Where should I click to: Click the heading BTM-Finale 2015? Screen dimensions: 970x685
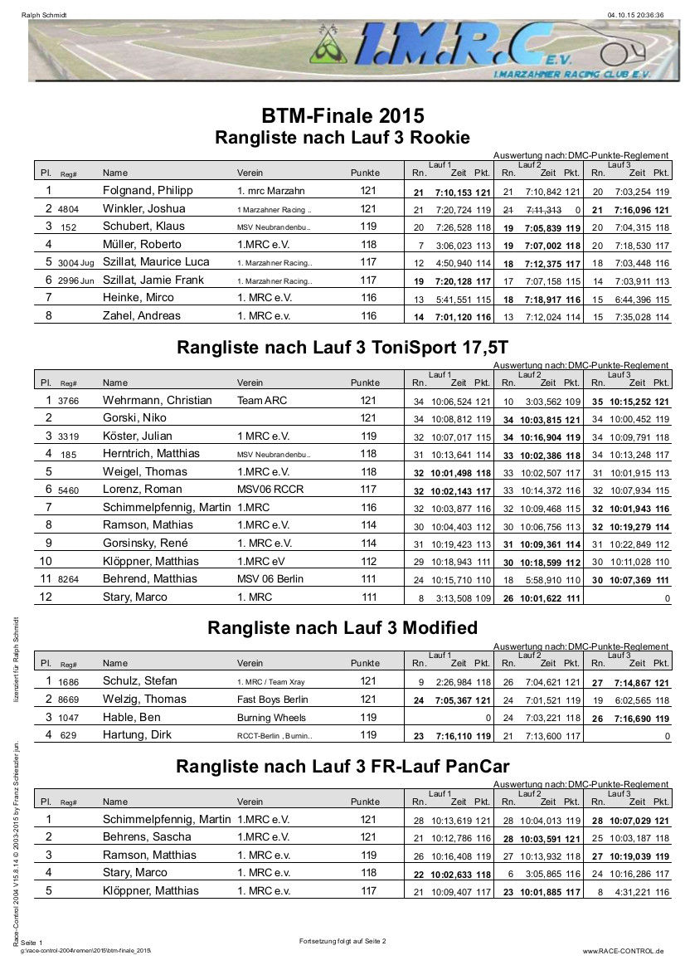342,115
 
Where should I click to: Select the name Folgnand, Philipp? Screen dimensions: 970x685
148,191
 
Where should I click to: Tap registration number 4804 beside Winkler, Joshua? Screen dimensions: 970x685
69,209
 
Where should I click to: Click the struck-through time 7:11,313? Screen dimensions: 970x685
543,209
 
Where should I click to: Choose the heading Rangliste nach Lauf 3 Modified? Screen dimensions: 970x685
342,628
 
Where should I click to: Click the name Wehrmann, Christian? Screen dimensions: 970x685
158,400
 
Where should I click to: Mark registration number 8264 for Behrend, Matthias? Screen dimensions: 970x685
69,580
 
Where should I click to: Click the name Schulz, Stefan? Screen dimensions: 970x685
139,681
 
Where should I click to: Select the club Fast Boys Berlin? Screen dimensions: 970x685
272,699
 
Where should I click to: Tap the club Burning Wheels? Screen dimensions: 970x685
271,717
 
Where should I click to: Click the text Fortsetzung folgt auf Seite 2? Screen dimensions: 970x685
342,941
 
